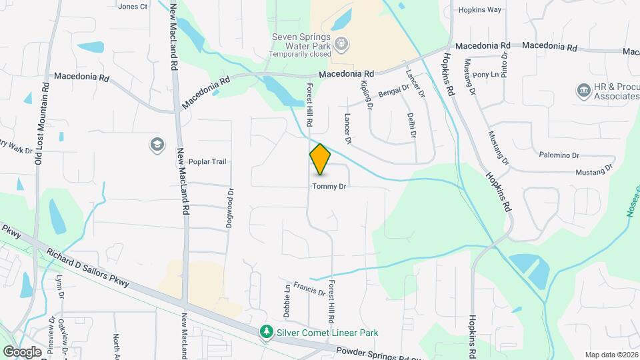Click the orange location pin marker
pos(320,159)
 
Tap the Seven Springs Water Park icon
pos(342,44)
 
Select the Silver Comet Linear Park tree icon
pos(266,331)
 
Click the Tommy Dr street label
pos(329,187)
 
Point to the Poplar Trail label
pos(208,161)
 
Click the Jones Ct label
pos(132,7)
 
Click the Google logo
pos(22,351)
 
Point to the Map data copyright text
pos(611,354)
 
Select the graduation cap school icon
pos(157,145)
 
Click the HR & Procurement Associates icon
pos(584,90)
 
